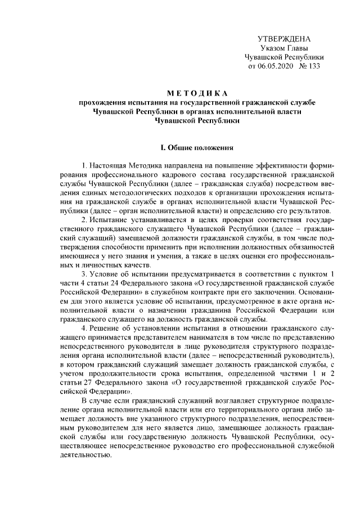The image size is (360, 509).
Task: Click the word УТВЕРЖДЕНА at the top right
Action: (283, 39)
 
